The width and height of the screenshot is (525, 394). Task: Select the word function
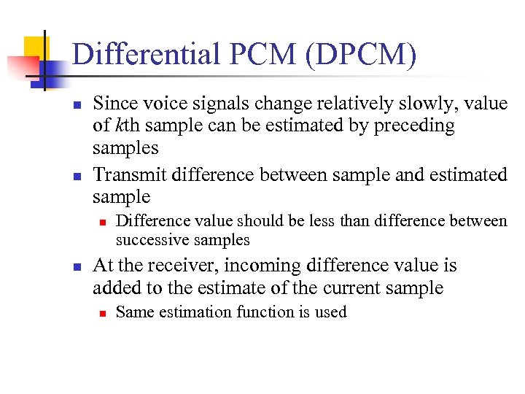(265, 312)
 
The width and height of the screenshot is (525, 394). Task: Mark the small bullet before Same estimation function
(104, 313)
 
